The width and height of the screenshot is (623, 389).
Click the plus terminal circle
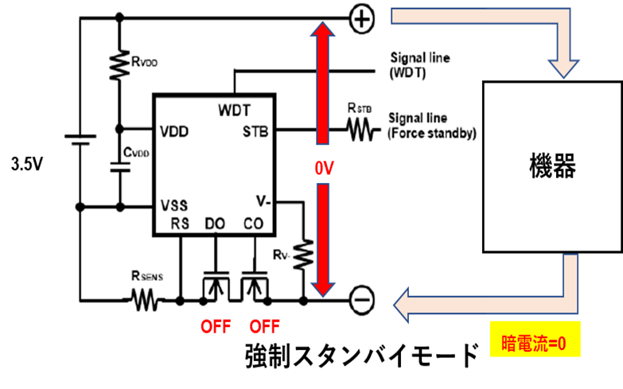pos(361,19)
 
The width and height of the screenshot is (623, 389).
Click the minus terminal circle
pos(361,300)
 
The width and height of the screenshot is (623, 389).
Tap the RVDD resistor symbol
pos(119,64)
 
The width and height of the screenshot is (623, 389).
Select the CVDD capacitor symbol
pos(120,167)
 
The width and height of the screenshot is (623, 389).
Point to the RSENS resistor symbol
pos(145,300)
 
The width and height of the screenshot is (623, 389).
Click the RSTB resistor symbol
pos(360,130)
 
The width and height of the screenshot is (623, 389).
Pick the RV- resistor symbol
pos(303,254)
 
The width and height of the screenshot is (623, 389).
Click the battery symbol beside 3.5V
pos(80,139)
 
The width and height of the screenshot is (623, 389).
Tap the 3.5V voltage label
pos(26,164)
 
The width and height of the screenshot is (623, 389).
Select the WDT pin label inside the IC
pos(235,110)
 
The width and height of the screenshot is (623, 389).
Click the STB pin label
pos(255,131)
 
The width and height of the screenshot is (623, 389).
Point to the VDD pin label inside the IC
pos(174,131)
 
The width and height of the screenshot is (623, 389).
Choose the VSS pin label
pos(174,205)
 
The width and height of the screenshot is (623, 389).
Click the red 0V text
pos(324,169)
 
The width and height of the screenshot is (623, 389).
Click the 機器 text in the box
pos(552,165)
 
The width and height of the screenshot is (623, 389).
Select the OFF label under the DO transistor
pos(216,327)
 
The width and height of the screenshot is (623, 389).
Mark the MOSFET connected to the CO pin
pos(255,287)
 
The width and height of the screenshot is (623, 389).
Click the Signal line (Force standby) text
pos(431,126)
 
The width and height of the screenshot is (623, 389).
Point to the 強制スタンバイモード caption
pos(361,356)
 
